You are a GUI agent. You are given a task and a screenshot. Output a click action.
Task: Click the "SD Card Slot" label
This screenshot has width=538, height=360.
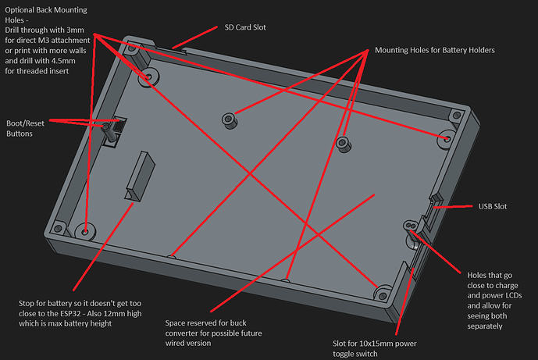(x=244, y=27)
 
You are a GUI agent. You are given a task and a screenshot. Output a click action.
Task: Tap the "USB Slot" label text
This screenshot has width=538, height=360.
(x=492, y=207)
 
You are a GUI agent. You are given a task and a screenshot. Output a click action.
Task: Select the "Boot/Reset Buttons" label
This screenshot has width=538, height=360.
(x=26, y=129)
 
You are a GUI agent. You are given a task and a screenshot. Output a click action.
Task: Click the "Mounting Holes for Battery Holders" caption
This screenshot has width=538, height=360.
(x=434, y=50)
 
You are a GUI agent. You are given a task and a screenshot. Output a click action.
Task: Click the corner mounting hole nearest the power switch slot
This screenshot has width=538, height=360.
(x=382, y=293)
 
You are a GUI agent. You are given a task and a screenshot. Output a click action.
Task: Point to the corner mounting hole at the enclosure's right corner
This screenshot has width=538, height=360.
(x=446, y=138)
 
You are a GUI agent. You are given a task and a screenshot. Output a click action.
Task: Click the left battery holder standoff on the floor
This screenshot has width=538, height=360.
(x=228, y=121)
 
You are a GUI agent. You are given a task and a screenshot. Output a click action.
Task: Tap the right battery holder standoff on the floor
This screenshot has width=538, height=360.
(x=341, y=142)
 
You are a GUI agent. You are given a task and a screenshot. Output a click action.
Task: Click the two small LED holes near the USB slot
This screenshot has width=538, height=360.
(x=408, y=225)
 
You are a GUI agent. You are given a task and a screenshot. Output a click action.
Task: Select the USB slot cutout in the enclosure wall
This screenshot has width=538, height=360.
(x=431, y=205)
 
